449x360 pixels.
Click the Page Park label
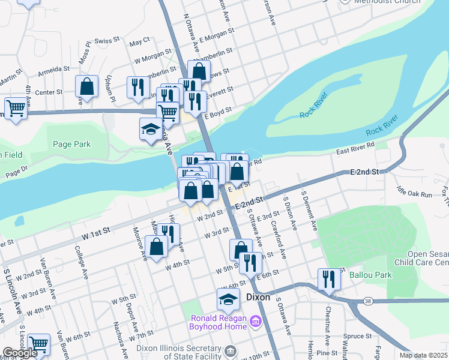(x=71, y=144)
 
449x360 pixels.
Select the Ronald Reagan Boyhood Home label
(x=218, y=322)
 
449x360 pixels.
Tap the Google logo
(x=20, y=353)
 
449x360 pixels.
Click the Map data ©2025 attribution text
(x=423, y=355)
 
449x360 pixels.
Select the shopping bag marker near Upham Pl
(x=87, y=86)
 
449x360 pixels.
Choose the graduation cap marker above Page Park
(x=151, y=128)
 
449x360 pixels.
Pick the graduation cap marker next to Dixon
(x=228, y=299)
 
